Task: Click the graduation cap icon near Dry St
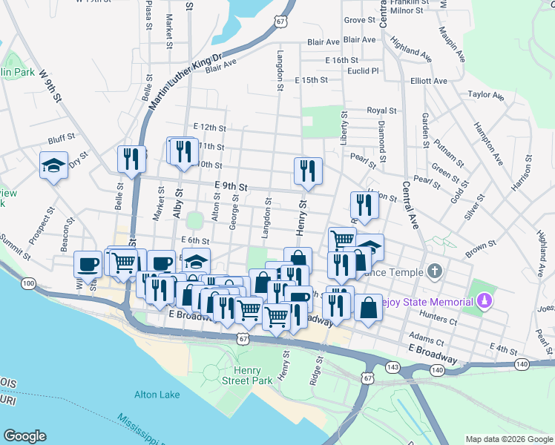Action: [x=54, y=165]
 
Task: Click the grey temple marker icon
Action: [x=435, y=271]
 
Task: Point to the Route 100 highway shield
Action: [x=28, y=283]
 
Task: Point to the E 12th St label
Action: [x=208, y=128]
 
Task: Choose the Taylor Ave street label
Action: [x=485, y=95]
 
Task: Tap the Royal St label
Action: [x=381, y=111]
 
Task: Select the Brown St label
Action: [x=480, y=250]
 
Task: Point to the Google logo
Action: [x=24, y=436]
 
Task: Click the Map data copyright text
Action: [x=508, y=439]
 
